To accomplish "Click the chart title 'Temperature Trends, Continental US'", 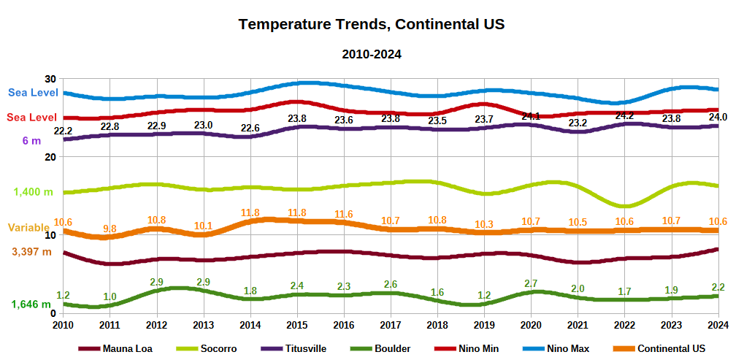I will (372, 24).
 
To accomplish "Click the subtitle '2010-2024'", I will (372, 54).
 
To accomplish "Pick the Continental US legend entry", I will (671, 348).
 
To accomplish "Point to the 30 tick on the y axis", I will (50, 79).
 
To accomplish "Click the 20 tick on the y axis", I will (50, 157).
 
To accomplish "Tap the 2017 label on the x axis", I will (391, 325).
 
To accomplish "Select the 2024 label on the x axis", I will (718, 325).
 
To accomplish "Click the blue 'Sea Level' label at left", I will (33, 93).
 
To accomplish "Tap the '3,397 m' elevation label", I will (31, 252).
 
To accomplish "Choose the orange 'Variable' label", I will (28, 228).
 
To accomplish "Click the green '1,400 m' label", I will (33, 192).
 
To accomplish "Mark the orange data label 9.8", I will (110, 229).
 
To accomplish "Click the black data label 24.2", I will (624, 115).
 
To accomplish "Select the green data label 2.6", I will (391, 284).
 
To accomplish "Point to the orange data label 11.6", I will (344, 214).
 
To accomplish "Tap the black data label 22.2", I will (64, 131).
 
